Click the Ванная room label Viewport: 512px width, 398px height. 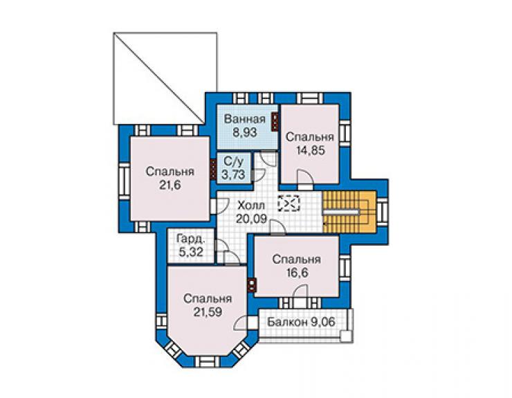point(244,119)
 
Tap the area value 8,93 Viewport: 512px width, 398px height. point(244,132)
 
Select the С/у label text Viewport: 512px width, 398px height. point(233,161)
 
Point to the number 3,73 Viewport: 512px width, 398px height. point(233,174)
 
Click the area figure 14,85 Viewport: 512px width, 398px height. point(310,150)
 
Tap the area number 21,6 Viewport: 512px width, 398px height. point(170,185)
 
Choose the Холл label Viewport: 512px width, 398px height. point(251,206)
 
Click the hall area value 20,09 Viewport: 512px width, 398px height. point(251,219)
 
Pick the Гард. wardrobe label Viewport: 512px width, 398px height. point(191,239)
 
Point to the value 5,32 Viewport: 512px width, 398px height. point(191,252)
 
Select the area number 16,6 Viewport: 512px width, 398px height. point(297,273)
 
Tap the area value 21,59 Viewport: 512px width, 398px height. point(208,311)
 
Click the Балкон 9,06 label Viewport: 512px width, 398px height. point(301,322)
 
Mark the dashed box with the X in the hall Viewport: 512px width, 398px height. point(289,203)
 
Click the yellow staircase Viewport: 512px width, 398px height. point(349,211)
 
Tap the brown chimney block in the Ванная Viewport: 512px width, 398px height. point(275,122)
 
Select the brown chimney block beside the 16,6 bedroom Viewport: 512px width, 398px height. point(252,284)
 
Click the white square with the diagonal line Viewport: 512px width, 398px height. point(165,78)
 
